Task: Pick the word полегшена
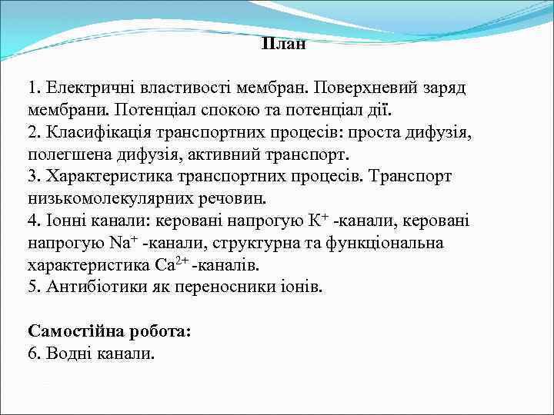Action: coord(65,154)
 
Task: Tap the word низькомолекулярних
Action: coord(104,199)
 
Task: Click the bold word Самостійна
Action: coord(74,332)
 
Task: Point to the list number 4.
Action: coord(32,221)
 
